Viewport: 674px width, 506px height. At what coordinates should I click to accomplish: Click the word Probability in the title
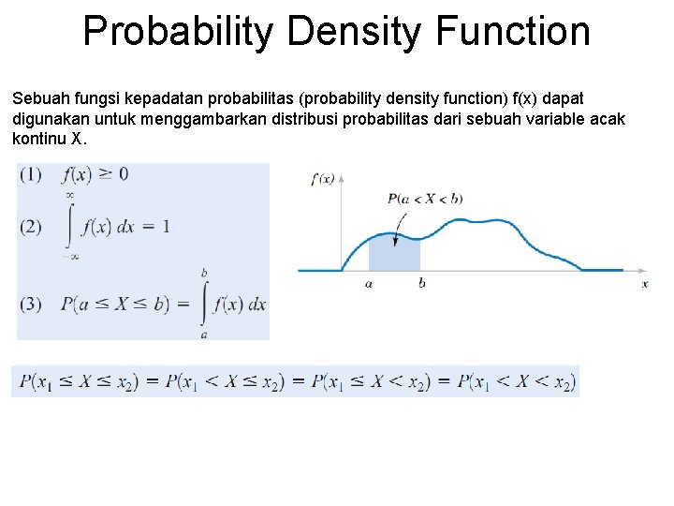click(178, 31)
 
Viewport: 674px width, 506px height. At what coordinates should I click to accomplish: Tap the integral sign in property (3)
click(204, 304)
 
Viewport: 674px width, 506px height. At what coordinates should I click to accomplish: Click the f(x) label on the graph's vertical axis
click(322, 178)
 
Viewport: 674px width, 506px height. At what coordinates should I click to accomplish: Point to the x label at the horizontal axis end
click(645, 283)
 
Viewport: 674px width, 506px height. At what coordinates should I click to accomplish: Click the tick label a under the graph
click(369, 283)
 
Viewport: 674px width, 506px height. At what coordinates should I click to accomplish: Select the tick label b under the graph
click(421, 283)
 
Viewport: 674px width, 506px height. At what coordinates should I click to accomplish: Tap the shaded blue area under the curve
click(394, 255)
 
